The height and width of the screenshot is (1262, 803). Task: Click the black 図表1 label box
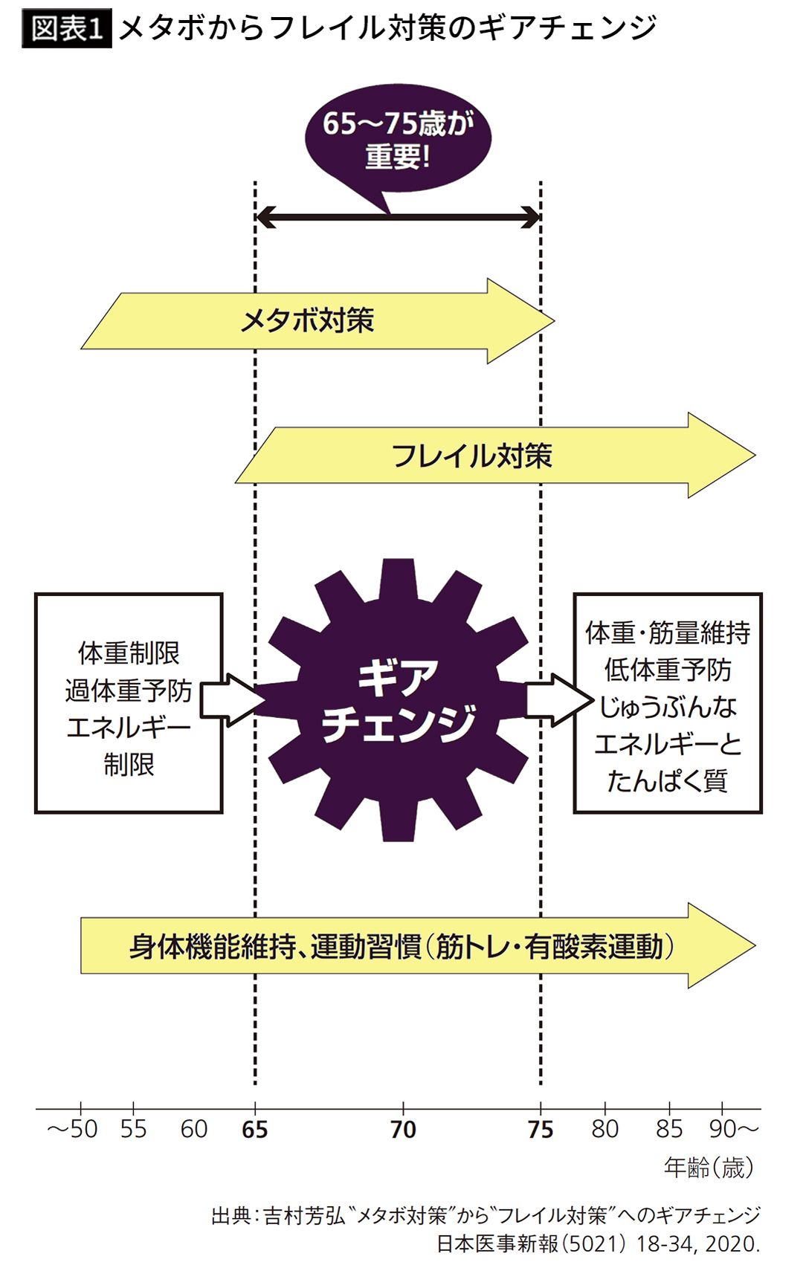coord(67,29)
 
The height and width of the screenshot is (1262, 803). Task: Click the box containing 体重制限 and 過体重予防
coord(129,702)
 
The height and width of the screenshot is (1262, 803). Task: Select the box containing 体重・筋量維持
coord(667,702)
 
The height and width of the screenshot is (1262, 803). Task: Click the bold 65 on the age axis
coord(255,1130)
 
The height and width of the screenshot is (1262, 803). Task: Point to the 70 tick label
coord(403,1130)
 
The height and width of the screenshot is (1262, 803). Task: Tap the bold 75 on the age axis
coord(541,1130)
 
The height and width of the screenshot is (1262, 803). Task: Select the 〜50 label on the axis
coord(72,1130)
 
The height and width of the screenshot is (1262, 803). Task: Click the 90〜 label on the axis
coord(733,1130)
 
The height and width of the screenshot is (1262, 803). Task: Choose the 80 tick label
coord(605,1130)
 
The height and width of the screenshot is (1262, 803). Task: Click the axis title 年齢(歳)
coord(709,1168)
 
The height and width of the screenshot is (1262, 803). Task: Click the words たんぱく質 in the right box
coord(667,781)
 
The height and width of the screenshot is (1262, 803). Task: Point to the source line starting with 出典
coord(486,1215)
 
